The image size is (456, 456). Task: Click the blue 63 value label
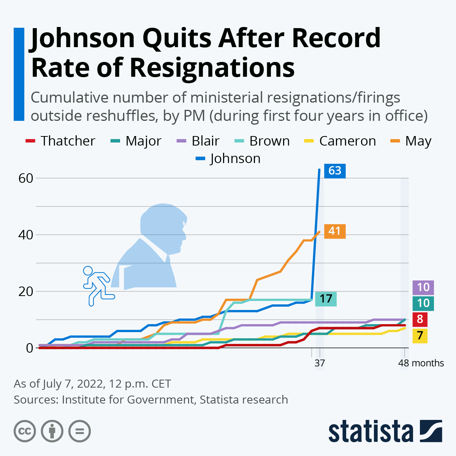[x=334, y=171]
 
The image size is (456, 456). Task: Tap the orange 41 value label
[x=334, y=231]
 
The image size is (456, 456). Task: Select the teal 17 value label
[x=326, y=299]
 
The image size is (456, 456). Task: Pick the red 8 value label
[x=420, y=319]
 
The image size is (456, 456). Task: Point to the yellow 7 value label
[x=420, y=336]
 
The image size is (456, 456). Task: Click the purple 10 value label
[x=423, y=287]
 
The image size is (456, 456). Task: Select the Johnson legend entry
[x=228, y=158]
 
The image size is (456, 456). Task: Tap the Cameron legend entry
[x=340, y=141]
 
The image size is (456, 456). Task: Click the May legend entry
[x=411, y=141]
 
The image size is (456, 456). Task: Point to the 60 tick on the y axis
[x=26, y=178]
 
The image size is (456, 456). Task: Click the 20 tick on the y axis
[x=26, y=291]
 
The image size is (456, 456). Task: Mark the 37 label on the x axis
[x=320, y=363]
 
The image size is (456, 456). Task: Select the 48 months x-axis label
[x=421, y=363]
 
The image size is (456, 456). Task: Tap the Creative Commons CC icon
[x=25, y=431]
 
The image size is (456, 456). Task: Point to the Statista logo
[x=385, y=431]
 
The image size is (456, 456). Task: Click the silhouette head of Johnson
[x=163, y=228]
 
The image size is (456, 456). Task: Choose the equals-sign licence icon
[x=79, y=431]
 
